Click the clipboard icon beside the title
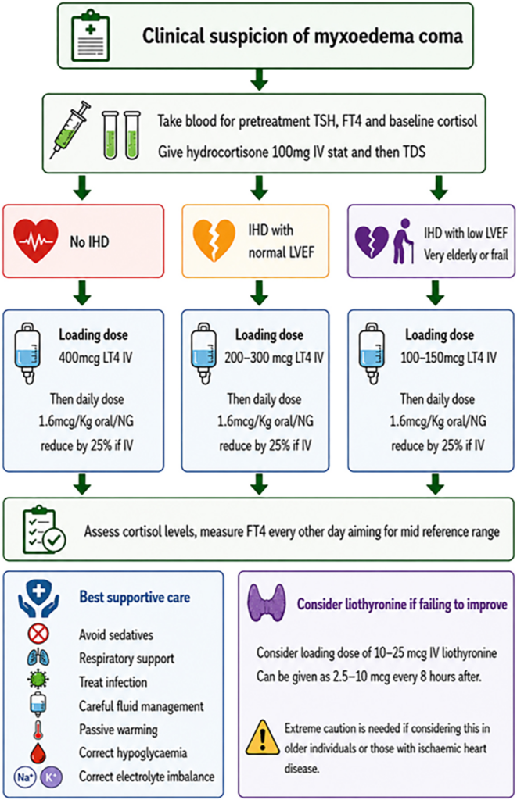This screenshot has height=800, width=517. (91, 34)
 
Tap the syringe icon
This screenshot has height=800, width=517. (70, 130)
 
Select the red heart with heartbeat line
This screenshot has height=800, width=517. (35, 241)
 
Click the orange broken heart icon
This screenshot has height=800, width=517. (214, 240)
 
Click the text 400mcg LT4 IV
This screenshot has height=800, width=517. (95, 357)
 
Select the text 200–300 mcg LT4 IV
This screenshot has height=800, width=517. (274, 357)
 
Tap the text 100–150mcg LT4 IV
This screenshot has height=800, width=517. (448, 357)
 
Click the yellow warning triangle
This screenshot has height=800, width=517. (263, 737)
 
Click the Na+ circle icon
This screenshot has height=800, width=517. (24, 777)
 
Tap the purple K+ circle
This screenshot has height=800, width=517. (51, 777)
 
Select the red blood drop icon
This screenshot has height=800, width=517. (38, 753)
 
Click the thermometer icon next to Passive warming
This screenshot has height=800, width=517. (38, 730)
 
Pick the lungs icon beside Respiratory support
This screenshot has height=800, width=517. (38, 658)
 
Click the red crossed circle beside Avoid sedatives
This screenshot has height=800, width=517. (38, 634)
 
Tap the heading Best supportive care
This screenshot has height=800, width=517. (135, 598)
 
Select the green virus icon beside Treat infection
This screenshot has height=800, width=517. (38, 681)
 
